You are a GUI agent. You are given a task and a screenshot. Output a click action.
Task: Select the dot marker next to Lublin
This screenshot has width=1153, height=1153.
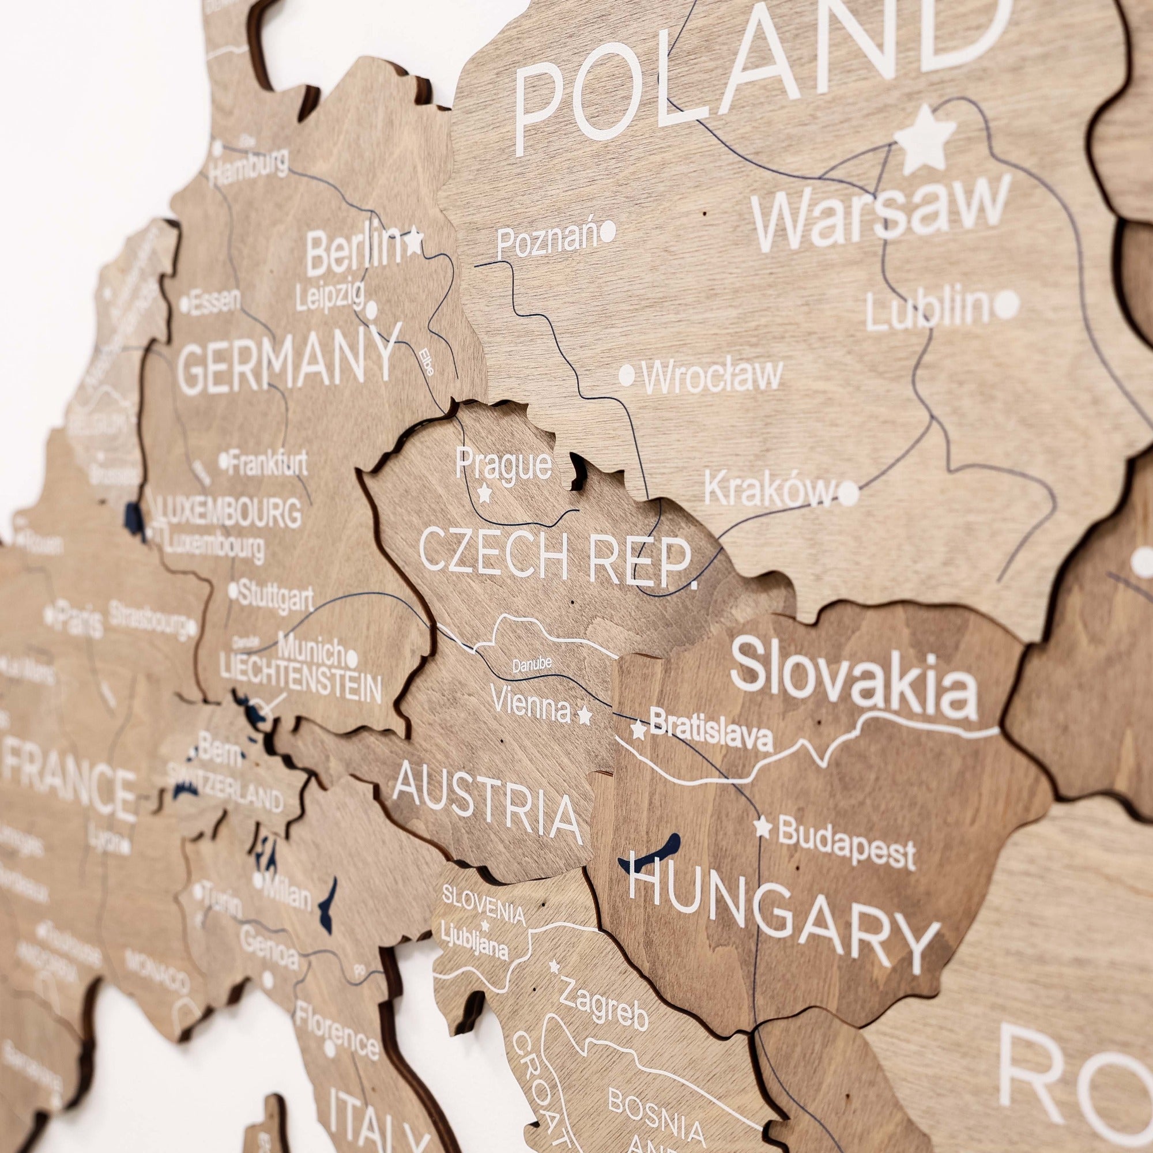pos(1006,305)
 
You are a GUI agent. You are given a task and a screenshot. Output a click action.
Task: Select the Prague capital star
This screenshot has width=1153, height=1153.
pos(485,493)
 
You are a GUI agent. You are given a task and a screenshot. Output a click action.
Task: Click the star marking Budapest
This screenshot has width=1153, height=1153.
pos(762,827)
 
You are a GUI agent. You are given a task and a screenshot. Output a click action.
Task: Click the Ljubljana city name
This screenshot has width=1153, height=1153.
pos(474,947)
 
